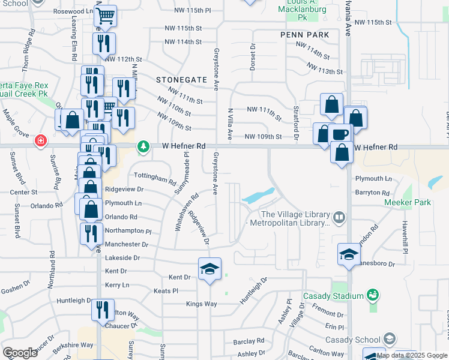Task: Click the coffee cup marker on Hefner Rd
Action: coord(339,134)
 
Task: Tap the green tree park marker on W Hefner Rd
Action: coord(143,146)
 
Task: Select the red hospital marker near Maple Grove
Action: coord(41,141)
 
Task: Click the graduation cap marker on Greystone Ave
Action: coord(209,269)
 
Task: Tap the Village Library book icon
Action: coord(340,216)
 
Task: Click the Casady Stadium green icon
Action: coord(373,295)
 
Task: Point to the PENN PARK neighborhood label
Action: coord(305,35)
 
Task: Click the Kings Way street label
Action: coord(201,304)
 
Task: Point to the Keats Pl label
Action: coord(166,290)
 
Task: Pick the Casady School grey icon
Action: coord(388,339)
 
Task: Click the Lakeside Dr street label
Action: coord(122,257)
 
